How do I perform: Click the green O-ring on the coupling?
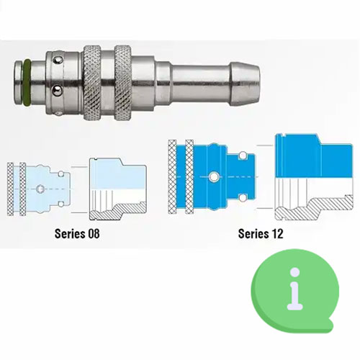click(x=27, y=82)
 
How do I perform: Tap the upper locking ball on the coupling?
click(x=58, y=60)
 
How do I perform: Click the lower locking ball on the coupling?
click(x=57, y=90)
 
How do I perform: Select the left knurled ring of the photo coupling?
click(x=92, y=82)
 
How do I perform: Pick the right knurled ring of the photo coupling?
click(x=123, y=82)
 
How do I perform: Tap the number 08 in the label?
click(x=94, y=233)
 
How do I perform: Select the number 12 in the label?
click(x=277, y=233)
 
